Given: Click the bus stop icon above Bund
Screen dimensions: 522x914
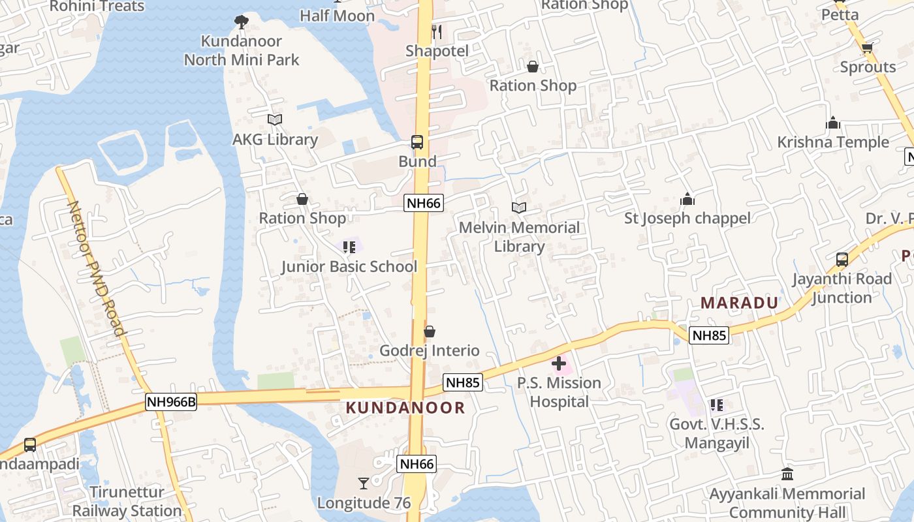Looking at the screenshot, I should (417, 142).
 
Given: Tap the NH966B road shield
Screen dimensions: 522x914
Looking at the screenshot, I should (171, 401).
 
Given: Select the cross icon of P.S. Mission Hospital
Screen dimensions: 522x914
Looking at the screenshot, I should (559, 363).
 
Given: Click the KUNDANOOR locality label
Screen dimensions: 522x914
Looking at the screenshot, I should (405, 408).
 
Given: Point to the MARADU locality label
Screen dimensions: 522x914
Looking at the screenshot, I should (739, 303).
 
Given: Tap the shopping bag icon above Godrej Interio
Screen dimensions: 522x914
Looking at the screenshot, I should (429, 332).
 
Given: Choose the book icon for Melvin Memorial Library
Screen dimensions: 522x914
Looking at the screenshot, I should (519, 208).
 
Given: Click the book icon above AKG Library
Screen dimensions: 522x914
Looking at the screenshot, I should (275, 120).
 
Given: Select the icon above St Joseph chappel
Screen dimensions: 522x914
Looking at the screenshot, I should (687, 199).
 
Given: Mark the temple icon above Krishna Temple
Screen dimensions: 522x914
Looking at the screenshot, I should (832, 123).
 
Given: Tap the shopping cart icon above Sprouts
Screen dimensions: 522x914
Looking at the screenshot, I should (867, 48).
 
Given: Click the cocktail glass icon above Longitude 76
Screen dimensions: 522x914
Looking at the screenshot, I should (364, 484).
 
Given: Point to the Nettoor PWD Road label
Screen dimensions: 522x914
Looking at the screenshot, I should (96, 268).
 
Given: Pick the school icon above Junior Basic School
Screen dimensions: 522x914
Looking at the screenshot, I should (349, 247).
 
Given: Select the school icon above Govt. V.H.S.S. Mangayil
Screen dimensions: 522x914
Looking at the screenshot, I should (716, 405).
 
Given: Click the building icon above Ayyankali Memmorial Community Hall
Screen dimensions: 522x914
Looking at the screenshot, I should (787, 474).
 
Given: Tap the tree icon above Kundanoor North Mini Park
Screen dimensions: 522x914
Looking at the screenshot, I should (242, 22).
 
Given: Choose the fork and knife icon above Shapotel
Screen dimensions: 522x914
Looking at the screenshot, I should (437, 31).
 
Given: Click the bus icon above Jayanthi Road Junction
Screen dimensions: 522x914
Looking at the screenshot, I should (842, 260).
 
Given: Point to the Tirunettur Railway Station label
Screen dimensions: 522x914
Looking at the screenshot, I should (127, 501).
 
